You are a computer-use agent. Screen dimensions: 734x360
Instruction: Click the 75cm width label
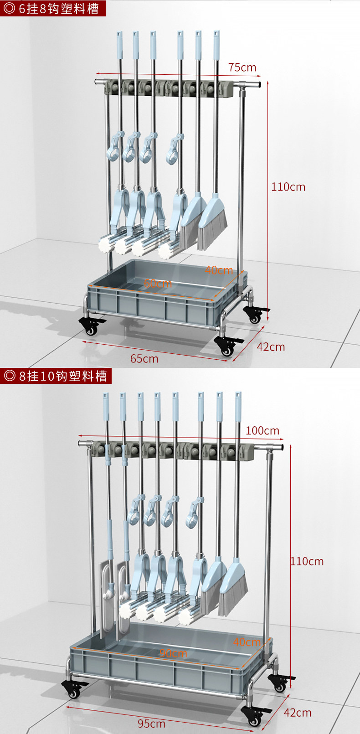242,67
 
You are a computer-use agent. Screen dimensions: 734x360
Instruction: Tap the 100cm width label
262,430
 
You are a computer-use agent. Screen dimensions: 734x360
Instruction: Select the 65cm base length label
144,359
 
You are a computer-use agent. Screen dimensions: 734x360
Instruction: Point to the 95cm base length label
151,724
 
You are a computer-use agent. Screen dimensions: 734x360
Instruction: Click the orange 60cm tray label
158,284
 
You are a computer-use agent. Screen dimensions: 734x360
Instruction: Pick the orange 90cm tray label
173,653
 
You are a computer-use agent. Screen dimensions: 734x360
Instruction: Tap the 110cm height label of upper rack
288,186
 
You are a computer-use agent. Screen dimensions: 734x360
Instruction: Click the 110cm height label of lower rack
307,561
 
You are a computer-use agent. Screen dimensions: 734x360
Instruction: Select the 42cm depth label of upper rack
271,347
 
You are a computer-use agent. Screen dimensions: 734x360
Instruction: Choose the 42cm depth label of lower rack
297,712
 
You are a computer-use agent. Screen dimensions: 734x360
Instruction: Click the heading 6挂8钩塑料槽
53,8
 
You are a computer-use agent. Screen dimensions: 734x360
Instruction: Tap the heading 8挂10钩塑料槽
56,376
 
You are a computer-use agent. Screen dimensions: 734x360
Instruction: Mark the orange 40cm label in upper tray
218,270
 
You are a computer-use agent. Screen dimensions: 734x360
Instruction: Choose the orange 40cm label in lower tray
247,642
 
